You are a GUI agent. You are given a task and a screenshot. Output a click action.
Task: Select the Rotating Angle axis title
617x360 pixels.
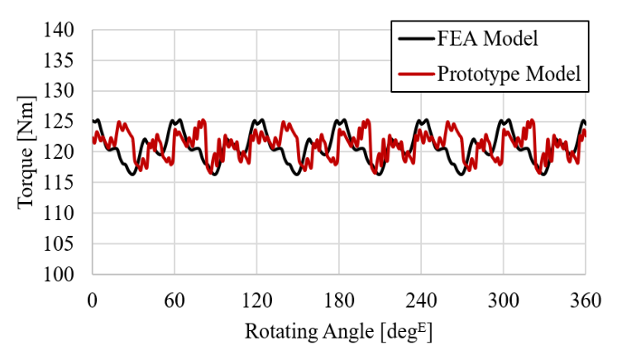pyautogui.click(x=338, y=332)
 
